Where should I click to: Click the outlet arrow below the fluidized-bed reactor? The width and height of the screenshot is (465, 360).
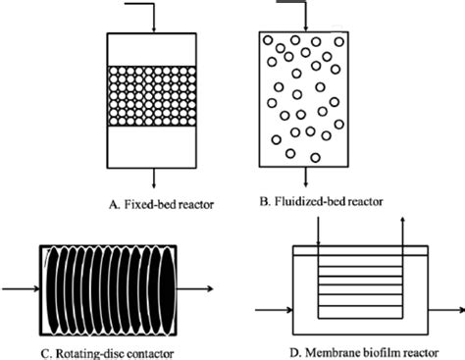click(306, 179)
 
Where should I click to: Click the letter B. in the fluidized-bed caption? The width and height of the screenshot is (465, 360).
click(265, 202)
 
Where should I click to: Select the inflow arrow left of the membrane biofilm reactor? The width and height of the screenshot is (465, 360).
click(275, 311)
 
